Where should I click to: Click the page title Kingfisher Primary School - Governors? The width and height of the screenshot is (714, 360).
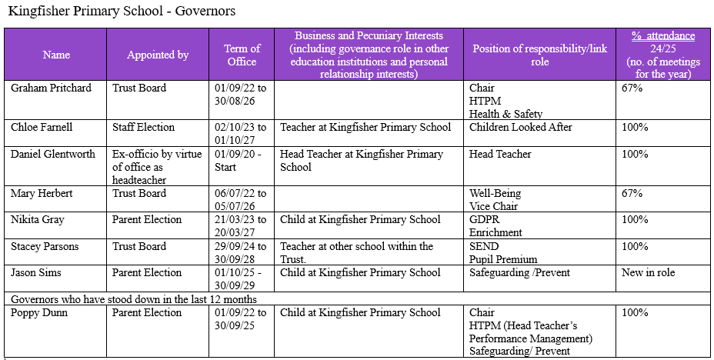[122, 12]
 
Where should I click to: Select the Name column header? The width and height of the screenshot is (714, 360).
[56, 55]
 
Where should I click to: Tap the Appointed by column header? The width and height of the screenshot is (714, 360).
[158, 55]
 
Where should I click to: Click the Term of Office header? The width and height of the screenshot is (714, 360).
[242, 55]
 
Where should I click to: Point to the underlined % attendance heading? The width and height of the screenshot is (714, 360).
[662, 35]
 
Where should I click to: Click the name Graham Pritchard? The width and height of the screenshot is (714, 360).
[51, 88]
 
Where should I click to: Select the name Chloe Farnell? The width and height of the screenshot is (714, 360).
[45, 127]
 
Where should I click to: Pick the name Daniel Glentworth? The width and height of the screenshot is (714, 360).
[53, 154]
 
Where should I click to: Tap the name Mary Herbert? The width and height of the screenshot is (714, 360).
[42, 193]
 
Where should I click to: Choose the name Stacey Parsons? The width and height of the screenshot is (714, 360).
[46, 246]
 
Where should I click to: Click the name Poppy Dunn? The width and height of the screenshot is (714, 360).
[39, 312]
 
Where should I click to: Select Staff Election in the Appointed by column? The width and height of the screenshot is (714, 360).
[143, 127]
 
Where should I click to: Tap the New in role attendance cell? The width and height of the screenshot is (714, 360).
[648, 272]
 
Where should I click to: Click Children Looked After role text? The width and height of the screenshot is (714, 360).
[521, 127]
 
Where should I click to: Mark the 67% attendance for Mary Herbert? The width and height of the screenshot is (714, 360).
[632, 193]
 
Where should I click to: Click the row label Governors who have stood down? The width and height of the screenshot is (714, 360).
[133, 298]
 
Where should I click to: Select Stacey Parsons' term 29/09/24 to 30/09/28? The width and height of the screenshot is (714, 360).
[242, 252]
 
